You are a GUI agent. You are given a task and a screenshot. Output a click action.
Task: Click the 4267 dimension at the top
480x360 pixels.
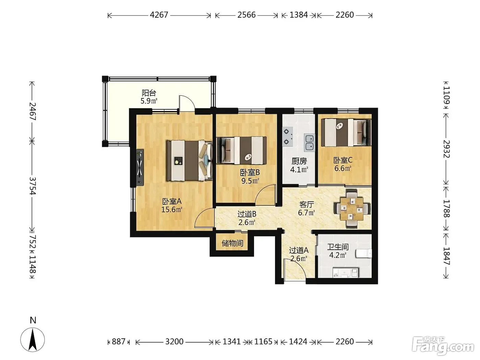[x=159, y=15]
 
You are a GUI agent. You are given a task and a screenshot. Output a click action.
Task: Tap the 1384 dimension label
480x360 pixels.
[x=299, y=15]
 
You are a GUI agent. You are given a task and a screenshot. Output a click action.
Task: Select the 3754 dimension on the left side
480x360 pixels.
[x=32, y=186]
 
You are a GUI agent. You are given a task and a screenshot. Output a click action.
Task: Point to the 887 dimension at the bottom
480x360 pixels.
[x=119, y=341]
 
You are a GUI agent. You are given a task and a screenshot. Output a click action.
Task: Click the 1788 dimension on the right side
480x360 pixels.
[x=446, y=208]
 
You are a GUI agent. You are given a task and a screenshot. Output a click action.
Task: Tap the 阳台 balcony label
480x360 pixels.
[x=149, y=93]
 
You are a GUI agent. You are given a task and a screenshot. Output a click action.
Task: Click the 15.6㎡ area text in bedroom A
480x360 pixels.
[x=172, y=209]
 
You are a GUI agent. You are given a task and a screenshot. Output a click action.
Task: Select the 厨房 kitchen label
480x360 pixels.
[x=299, y=161]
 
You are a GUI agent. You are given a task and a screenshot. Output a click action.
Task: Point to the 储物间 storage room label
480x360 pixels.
[x=232, y=243]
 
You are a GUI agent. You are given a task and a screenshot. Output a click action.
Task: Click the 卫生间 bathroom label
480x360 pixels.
[x=338, y=247]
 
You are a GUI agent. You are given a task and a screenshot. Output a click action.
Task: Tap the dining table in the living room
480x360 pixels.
[x=352, y=209]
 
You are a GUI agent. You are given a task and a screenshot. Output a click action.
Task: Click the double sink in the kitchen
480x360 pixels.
[x=310, y=143]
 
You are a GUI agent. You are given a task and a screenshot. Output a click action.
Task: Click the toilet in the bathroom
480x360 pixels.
[x=363, y=254]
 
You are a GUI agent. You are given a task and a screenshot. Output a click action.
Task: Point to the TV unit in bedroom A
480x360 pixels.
[x=140, y=167]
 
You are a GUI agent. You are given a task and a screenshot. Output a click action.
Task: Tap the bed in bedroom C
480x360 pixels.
[x=346, y=132]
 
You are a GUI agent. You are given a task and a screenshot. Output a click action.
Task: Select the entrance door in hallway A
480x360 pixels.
[x=294, y=269]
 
